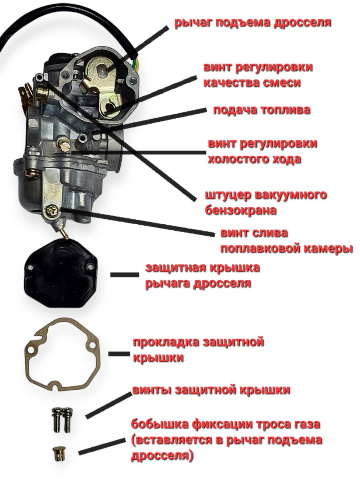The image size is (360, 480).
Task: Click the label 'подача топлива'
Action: [x=262, y=110]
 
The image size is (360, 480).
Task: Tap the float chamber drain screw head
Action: [x=53, y=211]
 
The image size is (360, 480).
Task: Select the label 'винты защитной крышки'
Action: [x=211, y=390]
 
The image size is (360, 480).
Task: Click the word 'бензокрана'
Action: [x=241, y=211]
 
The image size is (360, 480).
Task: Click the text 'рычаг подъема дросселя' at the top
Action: [x=253, y=23]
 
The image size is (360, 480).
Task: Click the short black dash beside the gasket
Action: [x=119, y=354]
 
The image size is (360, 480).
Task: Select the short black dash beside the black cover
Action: [x=124, y=275]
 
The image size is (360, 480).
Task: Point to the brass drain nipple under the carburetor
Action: [x=63, y=233]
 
